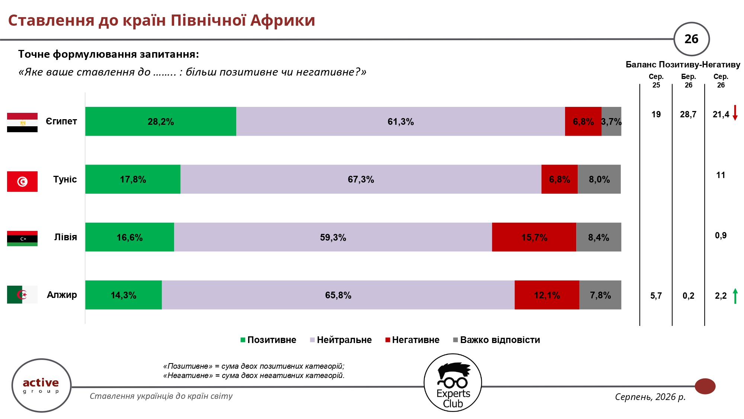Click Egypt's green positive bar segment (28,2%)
[161, 121]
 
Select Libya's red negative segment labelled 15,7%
[534, 237]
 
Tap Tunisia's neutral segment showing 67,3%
[361, 179]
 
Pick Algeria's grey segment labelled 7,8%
[600, 295]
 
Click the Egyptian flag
[22, 123]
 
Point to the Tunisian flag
[22, 181]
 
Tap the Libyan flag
[22, 239]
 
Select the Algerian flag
[22, 295]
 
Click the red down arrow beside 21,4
[735, 113]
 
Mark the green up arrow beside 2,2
[735, 296]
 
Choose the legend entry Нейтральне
[341, 340]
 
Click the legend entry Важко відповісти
[497, 340]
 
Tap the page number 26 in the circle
[692, 39]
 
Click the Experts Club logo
[453, 383]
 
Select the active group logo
[41, 385]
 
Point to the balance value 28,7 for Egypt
[688, 114]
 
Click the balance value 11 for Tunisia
[721, 175]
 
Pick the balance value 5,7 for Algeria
[656, 296]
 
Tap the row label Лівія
[65, 237]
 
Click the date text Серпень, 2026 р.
[650, 397]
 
